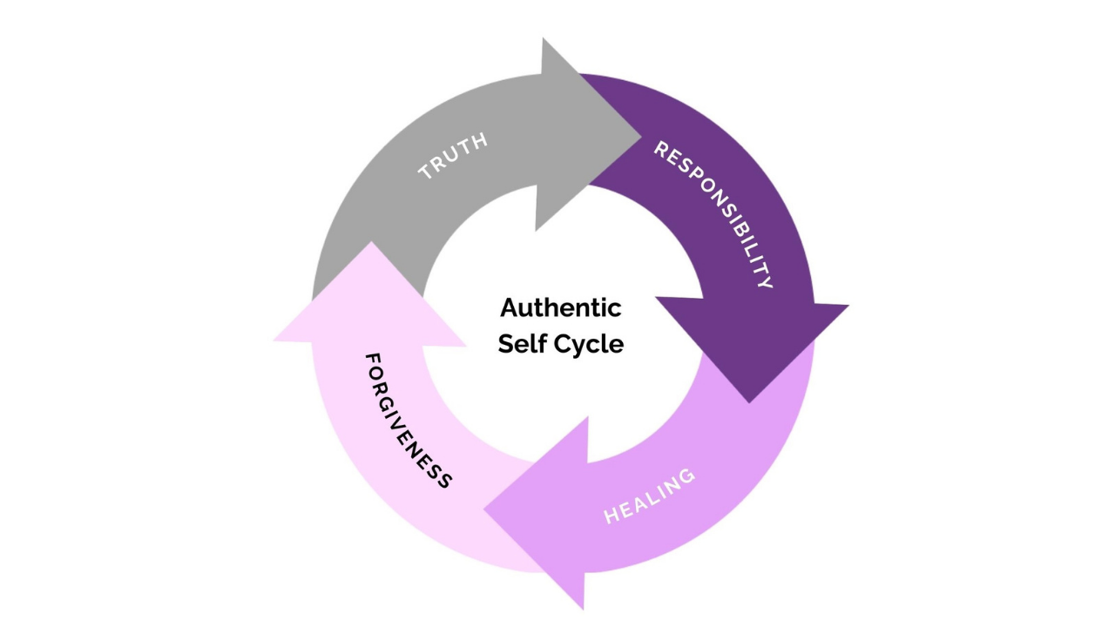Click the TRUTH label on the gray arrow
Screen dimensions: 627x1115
pyautogui.click(x=453, y=157)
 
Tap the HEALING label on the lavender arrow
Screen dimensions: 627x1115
pyautogui.click(x=650, y=496)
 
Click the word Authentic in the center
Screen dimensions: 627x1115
pyautogui.click(x=560, y=307)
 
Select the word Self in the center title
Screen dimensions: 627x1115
pyautogui.click(x=520, y=343)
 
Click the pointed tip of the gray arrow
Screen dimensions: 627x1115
pyautogui.click(x=641, y=134)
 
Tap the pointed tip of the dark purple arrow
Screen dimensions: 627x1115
pyautogui.click(x=750, y=402)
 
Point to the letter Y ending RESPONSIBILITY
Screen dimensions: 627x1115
pyautogui.click(x=766, y=283)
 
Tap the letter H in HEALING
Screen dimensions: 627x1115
pyautogui.click(x=611, y=516)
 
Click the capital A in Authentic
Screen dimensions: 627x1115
pyautogui.click(x=510, y=307)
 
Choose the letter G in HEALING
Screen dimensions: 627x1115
pyautogui.click(x=687, y=475)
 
